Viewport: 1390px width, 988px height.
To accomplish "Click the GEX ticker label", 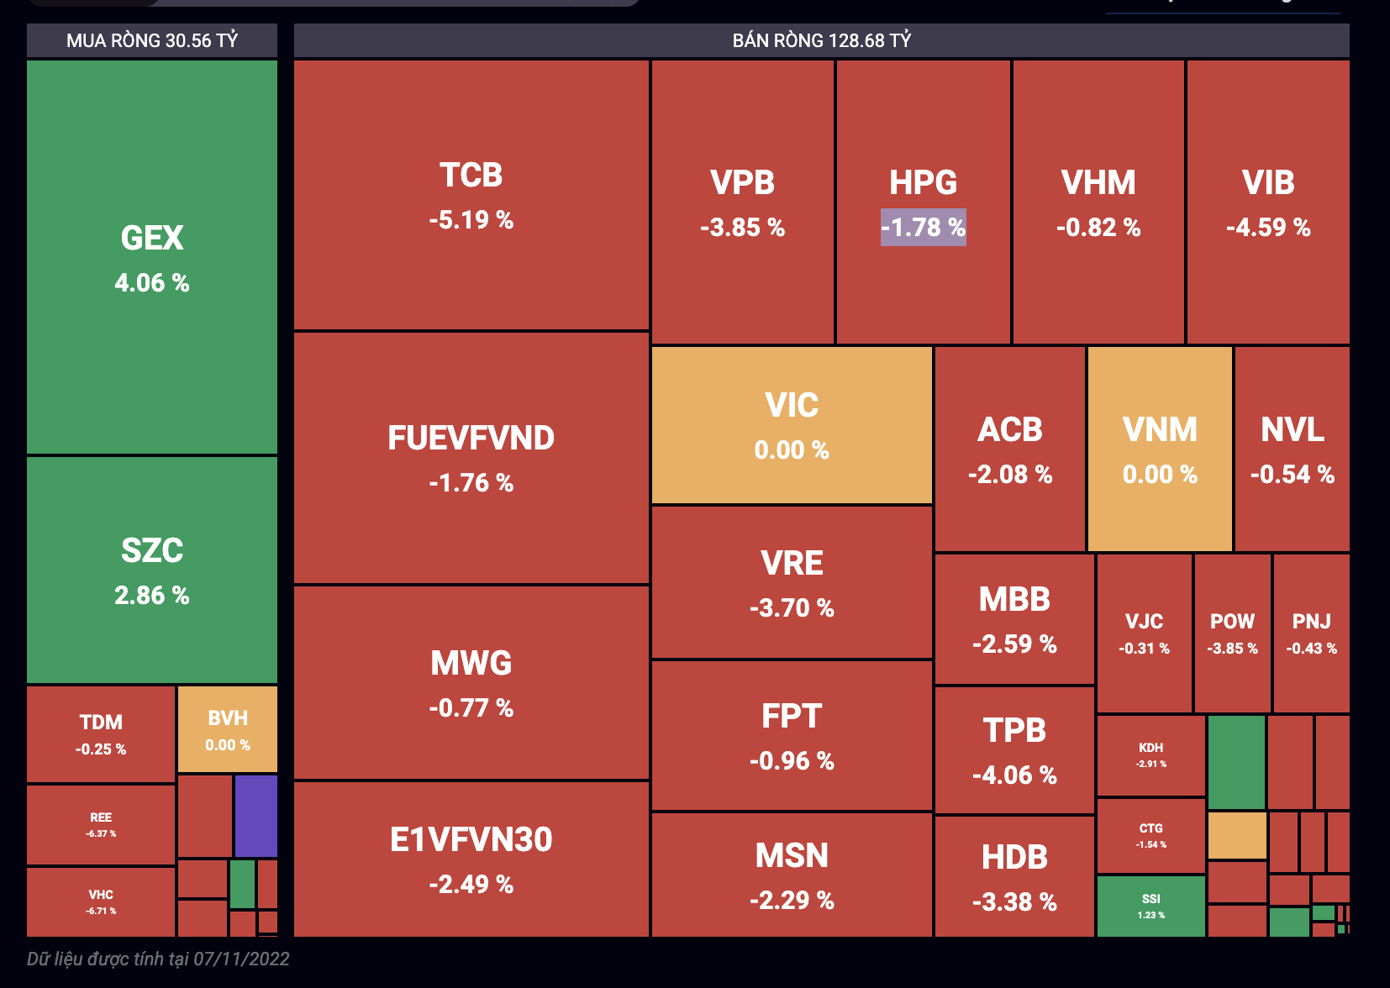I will point(152,239).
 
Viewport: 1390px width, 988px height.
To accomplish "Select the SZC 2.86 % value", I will point(152,596).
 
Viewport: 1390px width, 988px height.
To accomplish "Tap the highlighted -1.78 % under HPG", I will point(923,228).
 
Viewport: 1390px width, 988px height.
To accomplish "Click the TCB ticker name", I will point(471,176).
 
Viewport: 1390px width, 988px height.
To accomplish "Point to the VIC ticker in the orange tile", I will point(792,406).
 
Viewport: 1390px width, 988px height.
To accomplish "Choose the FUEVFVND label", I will point(471,439).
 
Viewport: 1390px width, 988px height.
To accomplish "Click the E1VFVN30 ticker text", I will point(471,840).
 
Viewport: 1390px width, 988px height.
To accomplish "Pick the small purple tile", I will point(256,816).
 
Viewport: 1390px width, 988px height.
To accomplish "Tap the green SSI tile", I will point(1150,906).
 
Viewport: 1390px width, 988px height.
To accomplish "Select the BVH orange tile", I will point(228,729).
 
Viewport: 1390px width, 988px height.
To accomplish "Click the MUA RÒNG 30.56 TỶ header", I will point(152,40).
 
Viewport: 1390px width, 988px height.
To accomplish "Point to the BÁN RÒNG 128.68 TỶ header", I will point(821,40).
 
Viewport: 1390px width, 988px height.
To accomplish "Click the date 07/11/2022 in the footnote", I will point(241,959).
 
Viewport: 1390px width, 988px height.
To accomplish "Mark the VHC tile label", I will point(101,896).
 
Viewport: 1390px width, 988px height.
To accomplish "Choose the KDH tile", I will point(1150,754).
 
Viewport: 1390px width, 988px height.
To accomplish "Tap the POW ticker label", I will point(1232,622).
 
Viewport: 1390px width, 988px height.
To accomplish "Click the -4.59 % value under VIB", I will point(1268,228).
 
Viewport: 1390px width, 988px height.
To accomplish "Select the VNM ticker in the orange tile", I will point(1160,430).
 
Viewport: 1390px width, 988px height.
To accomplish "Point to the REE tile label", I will point(101,817).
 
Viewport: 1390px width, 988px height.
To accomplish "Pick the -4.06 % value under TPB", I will point(1014,775).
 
